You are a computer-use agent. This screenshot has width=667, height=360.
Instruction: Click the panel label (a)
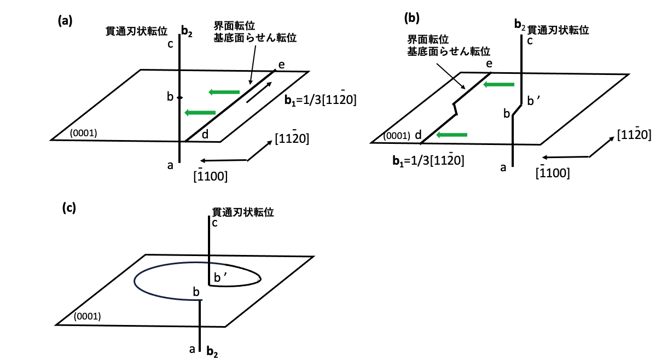click(65, 21)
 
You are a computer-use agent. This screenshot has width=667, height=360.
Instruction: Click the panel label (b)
click(412, 18)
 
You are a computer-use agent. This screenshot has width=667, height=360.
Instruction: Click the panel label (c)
click(69, 207)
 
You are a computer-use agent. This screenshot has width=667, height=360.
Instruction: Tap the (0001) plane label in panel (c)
click(87, 316)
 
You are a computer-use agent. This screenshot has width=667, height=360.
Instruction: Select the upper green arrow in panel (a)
click(224, 92)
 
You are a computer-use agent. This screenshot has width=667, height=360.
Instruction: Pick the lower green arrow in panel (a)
click(200, 113)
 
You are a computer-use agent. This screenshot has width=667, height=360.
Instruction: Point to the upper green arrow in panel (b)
click(499, 85)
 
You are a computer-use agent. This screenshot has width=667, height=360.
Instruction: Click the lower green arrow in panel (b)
click(452, 135)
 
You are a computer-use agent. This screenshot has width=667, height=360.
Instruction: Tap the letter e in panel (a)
click(281, 65)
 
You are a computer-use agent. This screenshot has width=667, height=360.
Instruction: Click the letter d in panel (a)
click(205, 134)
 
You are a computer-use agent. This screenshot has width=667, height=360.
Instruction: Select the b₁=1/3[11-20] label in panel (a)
click(321, 98)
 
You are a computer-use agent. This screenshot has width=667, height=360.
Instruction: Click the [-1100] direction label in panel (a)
click(211, 175)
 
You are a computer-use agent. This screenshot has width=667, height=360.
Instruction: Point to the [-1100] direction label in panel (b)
click(553, 172)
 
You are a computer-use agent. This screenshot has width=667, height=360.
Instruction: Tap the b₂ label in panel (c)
click(212, 352)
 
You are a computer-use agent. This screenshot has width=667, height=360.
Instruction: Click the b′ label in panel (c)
click(221, 277)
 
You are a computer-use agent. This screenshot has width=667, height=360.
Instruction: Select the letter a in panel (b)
click(503, 167)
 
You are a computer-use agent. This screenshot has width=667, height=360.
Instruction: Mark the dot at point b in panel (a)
click(179, 98)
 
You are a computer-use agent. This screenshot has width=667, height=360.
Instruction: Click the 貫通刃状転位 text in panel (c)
click(243, 212)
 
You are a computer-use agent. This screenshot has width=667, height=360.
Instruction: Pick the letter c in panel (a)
click(170, 44)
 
